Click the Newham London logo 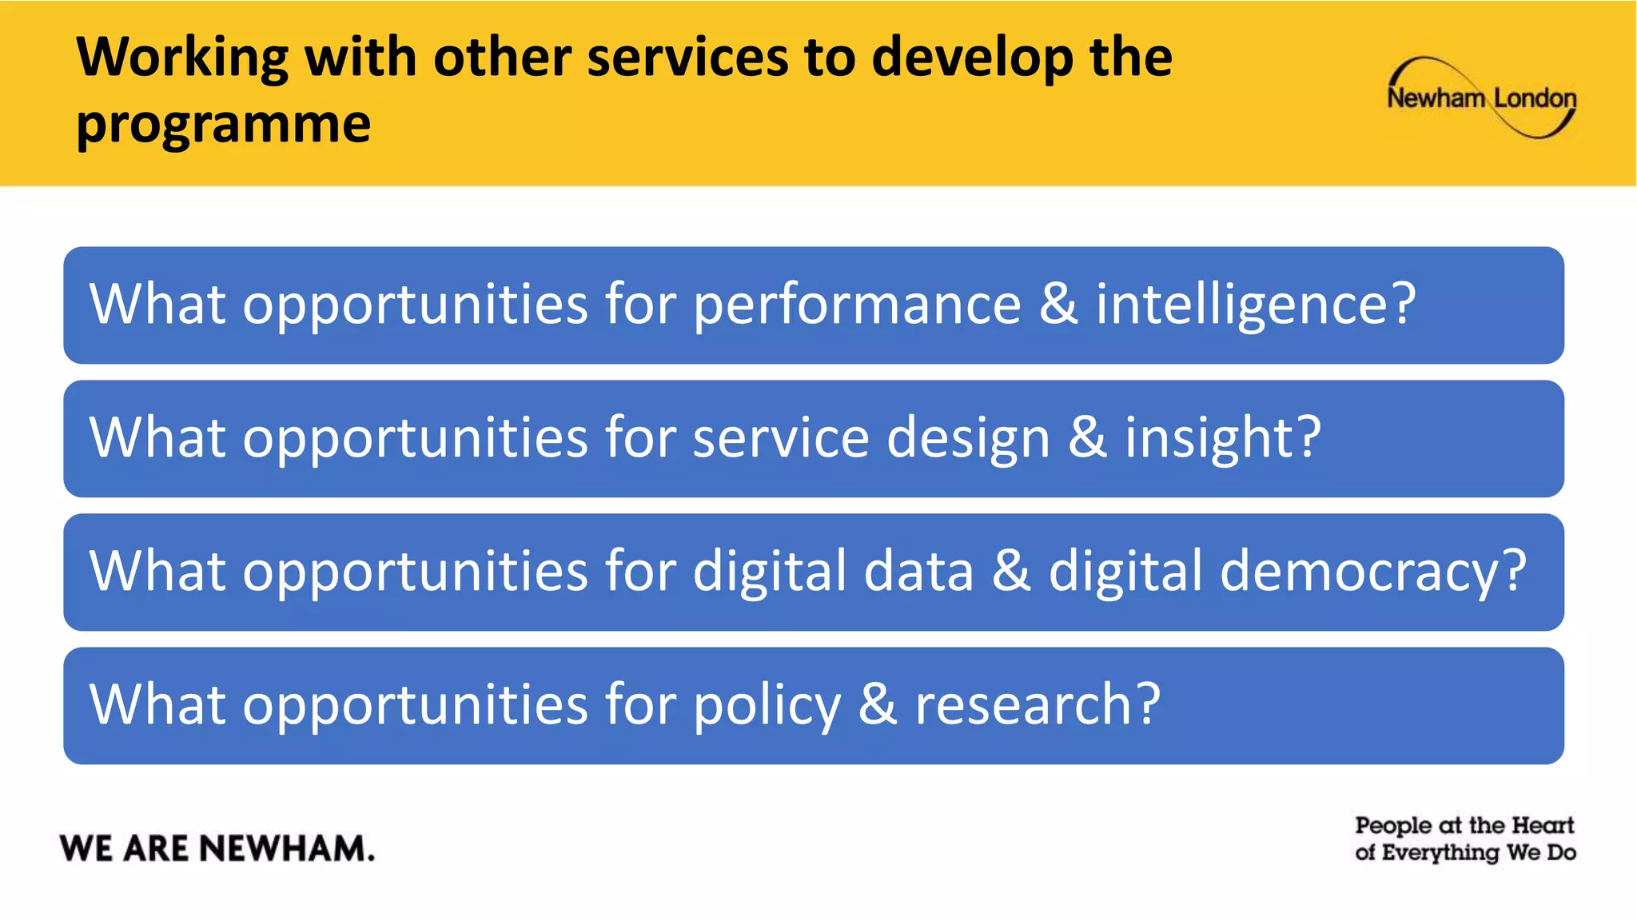click(x=1481, y=98)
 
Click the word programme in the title click(x=224, y=125)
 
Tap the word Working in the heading click(x=182, y=58)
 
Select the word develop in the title click(x=972, y=59)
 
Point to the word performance click(x=857, y=305)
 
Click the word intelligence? click(x=1255, y=305)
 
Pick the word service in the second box click(x=781, y=438)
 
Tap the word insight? click(x=1223, y=438)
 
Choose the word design click(x=968, y=440)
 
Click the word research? click(x=1038, y=705)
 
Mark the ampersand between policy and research click(x=878, y=704)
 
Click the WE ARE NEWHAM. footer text click(x=217, y=848)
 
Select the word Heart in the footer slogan click(x=1543, y=825)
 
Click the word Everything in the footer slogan click(x=1440, y=853)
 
